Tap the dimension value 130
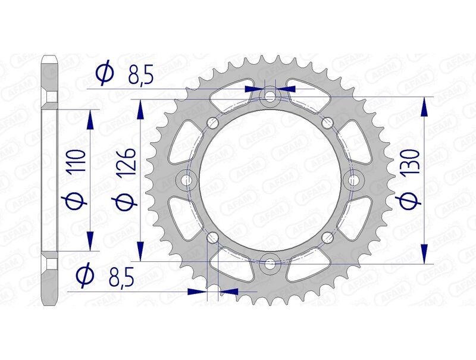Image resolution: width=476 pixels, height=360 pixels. (413, 162)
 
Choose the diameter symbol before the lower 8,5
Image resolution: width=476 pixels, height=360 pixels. (86, 275)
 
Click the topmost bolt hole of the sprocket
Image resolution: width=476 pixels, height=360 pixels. (271, 96)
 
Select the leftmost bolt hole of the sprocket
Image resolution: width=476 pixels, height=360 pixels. (187, 179)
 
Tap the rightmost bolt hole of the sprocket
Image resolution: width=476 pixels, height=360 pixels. (354, 179)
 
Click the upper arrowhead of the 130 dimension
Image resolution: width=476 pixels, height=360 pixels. (424, 106)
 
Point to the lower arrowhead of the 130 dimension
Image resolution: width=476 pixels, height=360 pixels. (424, 253)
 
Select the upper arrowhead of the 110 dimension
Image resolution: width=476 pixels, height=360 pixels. (90, 118)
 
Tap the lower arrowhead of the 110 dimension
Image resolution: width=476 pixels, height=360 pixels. (90, 240)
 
